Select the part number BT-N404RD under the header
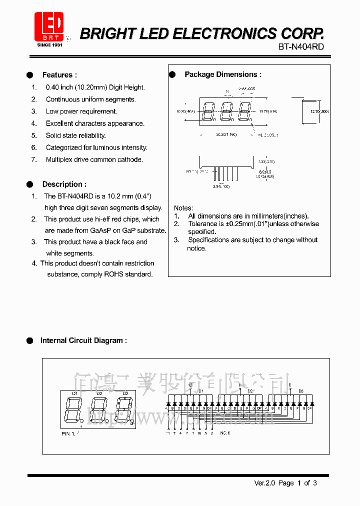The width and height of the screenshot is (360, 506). tap(301, 46)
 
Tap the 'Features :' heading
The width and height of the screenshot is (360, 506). tap(59, 75)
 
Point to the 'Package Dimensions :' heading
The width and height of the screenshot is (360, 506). tap(222, 74)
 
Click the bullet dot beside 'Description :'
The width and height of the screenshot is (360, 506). tap(30, 184)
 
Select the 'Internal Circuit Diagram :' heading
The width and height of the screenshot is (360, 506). tap(83, 340)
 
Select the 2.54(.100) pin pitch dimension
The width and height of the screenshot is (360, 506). tap(221, 186)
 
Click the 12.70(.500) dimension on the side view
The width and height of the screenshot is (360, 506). tap(319, 111)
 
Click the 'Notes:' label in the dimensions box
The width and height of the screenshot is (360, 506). tap(183, 207)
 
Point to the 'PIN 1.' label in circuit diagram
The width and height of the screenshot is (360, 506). tap(68, 434)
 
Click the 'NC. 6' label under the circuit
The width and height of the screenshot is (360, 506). tap(225, 433)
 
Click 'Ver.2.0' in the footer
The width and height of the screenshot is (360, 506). tap(264, 483)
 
